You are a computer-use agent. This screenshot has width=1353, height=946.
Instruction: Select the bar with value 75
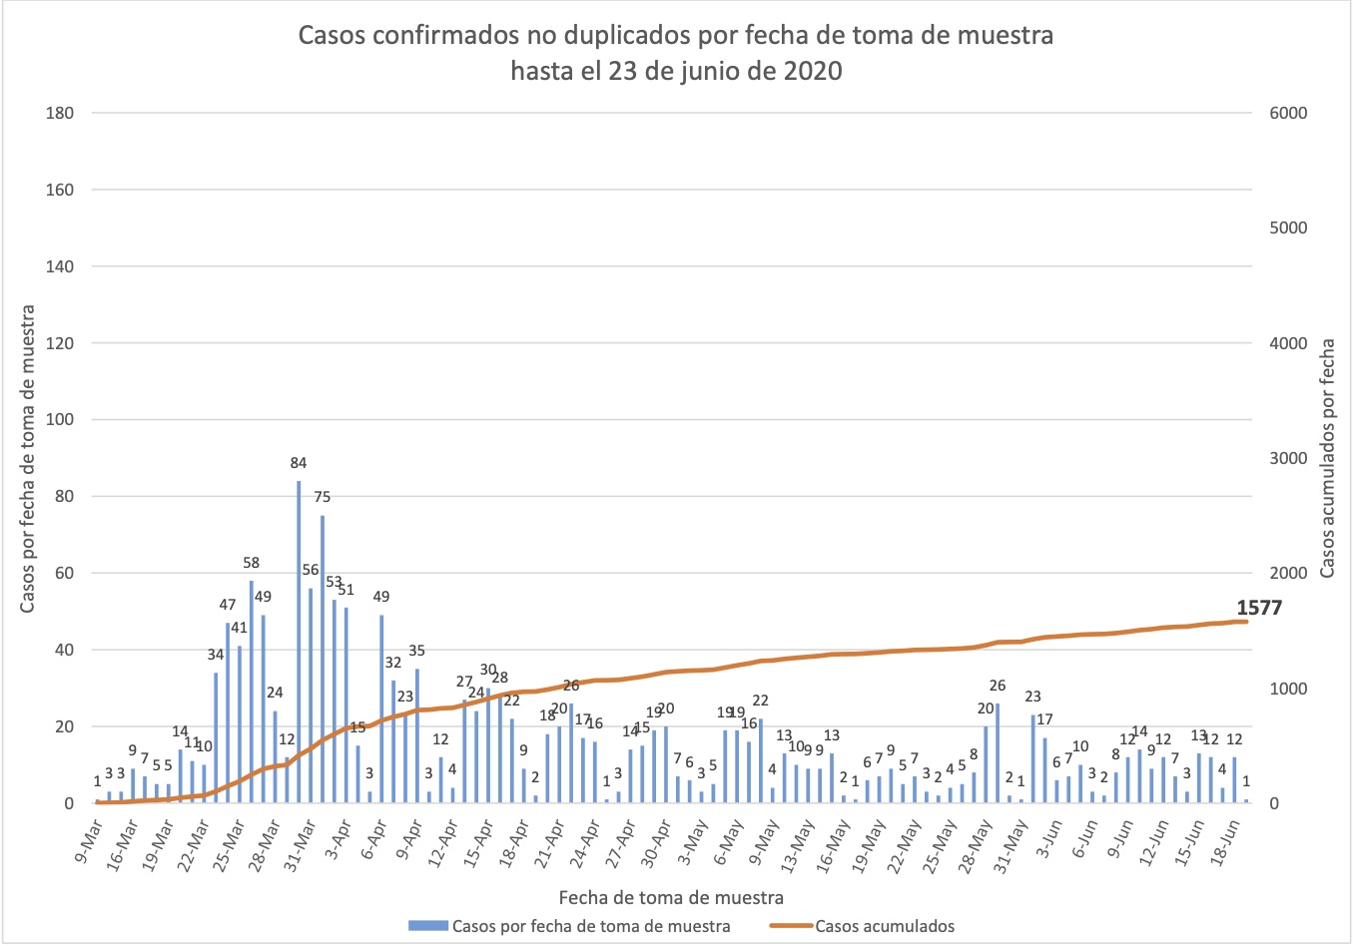(323, 659)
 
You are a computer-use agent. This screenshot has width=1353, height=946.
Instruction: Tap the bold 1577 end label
(1258, 608)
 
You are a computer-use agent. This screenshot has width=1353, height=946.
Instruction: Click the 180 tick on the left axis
(60, 113)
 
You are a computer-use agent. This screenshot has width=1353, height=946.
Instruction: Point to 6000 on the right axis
(1287, 113)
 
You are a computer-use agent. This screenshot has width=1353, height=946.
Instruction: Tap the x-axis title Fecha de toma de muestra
(670, 897)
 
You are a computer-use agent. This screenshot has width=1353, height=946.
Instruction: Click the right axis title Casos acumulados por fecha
(1327, 458)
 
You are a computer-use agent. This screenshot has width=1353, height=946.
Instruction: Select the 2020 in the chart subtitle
(812, 72)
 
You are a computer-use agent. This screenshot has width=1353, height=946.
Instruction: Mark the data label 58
(251, 563)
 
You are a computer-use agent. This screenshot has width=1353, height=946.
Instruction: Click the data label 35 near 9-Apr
(416, 651)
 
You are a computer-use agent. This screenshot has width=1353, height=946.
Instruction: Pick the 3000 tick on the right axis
(1287, 458)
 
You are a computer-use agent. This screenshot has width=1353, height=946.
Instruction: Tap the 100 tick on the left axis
(60, 419)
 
